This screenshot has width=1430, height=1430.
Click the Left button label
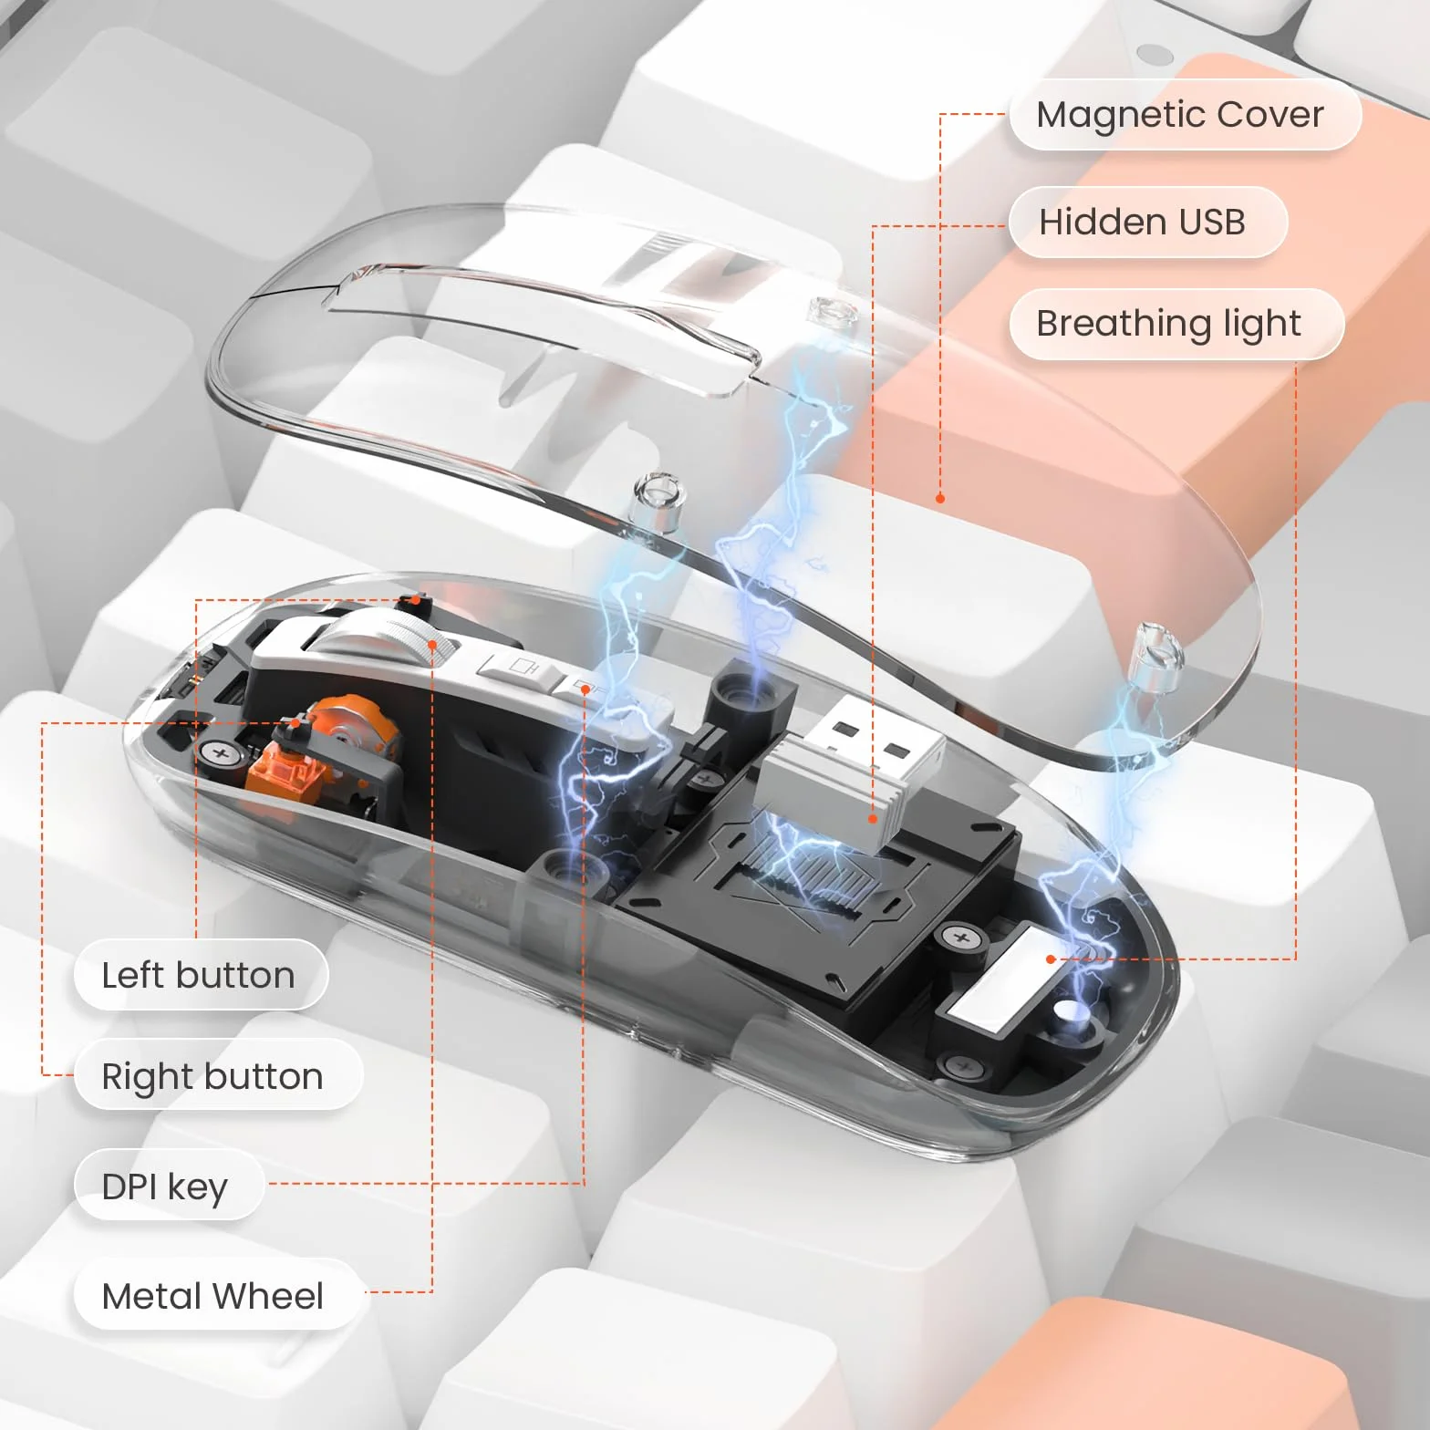[x=200, y=975]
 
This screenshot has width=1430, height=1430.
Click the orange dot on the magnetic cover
[x=940, y=498]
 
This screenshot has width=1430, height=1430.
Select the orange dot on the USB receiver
[x=873, y=819]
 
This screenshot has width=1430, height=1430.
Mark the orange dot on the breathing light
[x=1051, y=959]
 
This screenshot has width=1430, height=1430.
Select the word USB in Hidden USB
[x=1213, y=222]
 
